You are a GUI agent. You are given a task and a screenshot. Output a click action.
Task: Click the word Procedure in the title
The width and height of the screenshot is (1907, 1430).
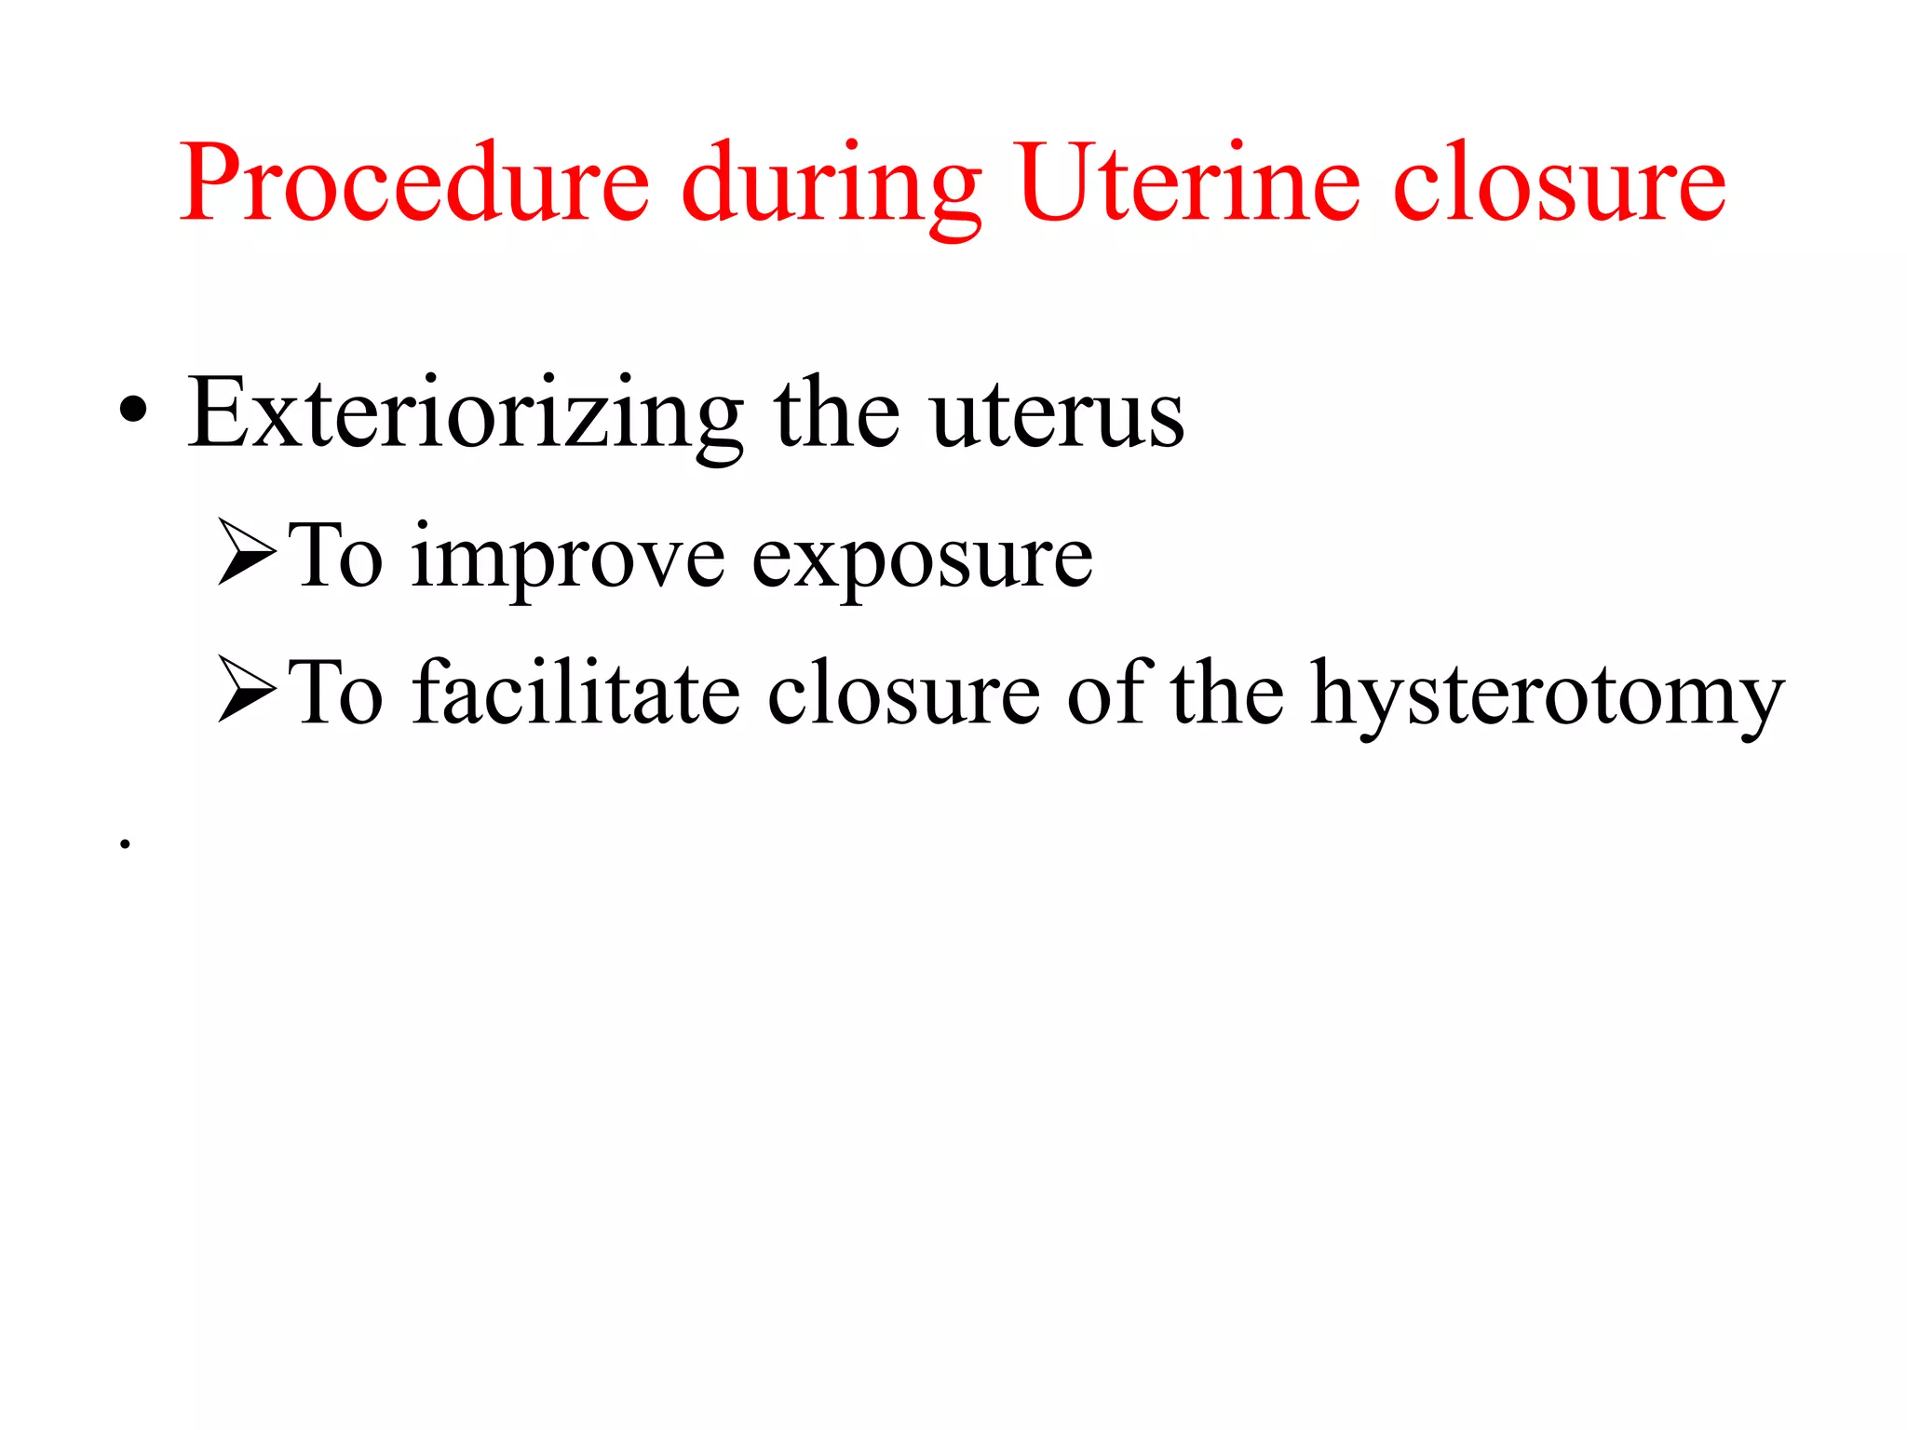(414, 183)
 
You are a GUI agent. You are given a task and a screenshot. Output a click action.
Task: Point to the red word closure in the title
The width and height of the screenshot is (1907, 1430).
(1559, 183)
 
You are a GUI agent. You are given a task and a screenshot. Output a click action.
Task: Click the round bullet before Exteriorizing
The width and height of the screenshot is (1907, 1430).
(133, 410)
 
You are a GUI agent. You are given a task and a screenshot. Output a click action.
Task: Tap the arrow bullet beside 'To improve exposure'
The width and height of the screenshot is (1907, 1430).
(247, 553)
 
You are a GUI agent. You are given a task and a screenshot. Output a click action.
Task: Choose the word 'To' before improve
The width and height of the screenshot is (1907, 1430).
(335, 556)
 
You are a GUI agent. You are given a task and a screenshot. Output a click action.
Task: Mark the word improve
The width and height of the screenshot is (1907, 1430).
(568, 559)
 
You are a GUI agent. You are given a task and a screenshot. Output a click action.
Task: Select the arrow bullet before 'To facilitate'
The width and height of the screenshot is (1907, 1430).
(247, 690)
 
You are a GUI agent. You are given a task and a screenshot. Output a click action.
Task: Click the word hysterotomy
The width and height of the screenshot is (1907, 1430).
(1547, 695)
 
